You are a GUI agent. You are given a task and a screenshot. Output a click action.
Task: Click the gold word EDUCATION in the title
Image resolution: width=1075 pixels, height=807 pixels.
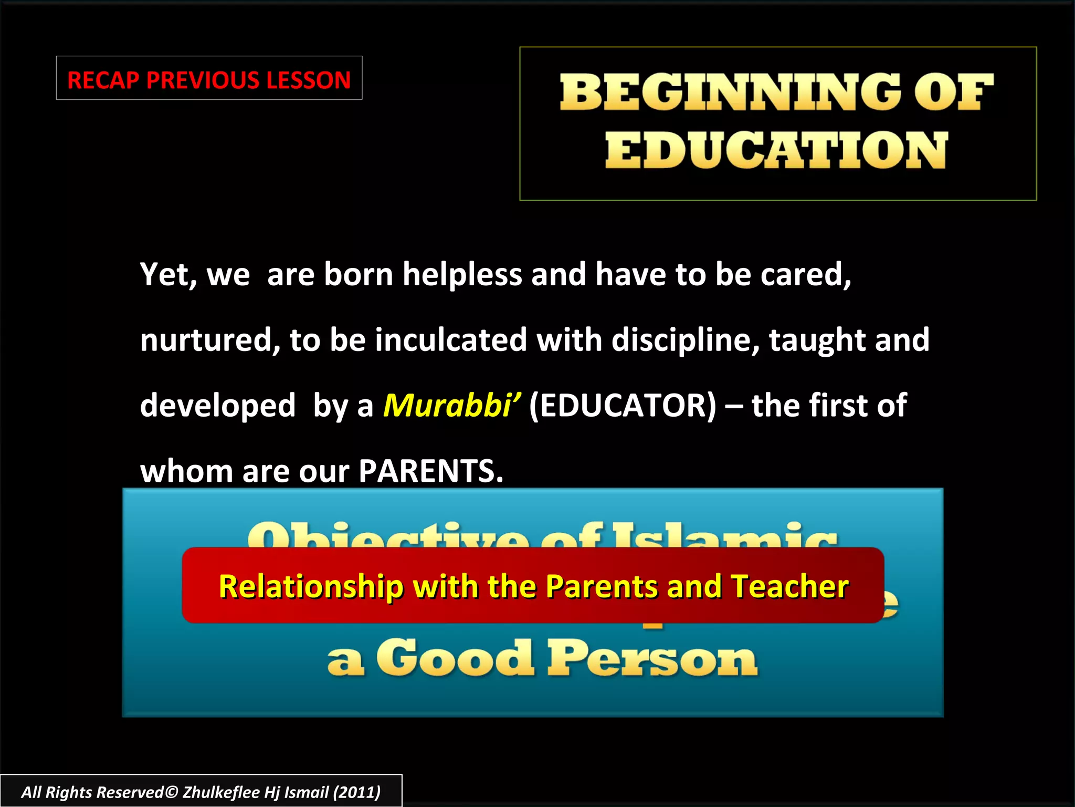[x=776, y=150]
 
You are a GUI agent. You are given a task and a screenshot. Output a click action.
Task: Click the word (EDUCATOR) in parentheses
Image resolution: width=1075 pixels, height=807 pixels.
[x=623, y=406]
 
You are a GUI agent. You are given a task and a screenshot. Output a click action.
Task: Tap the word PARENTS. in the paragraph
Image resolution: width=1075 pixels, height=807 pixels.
[x=431, y=471]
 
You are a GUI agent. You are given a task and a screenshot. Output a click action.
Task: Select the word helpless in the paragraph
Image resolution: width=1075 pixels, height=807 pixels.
[x=462, y=275]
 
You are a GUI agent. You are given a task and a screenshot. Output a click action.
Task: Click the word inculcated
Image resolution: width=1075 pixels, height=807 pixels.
[x=451, y=340]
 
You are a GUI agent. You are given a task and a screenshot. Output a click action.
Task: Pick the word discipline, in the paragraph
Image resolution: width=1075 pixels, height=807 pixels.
[x=686, y=340]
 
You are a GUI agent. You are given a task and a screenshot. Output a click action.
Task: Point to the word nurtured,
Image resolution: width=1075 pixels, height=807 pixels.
[x=209, y=340]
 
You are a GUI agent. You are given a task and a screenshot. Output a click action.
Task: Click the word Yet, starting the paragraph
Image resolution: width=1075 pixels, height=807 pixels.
[x=168, y=275]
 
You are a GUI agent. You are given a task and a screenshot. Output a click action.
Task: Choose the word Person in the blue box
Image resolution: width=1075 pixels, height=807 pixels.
[x=652, y=658]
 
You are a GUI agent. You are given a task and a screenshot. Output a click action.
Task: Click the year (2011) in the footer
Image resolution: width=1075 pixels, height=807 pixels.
[x=357, y=792]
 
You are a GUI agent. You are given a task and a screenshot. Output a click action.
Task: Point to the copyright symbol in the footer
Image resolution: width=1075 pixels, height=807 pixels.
[x=172, y=792]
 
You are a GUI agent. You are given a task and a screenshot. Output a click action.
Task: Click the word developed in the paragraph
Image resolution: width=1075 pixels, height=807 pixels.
[x=218, y=406]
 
